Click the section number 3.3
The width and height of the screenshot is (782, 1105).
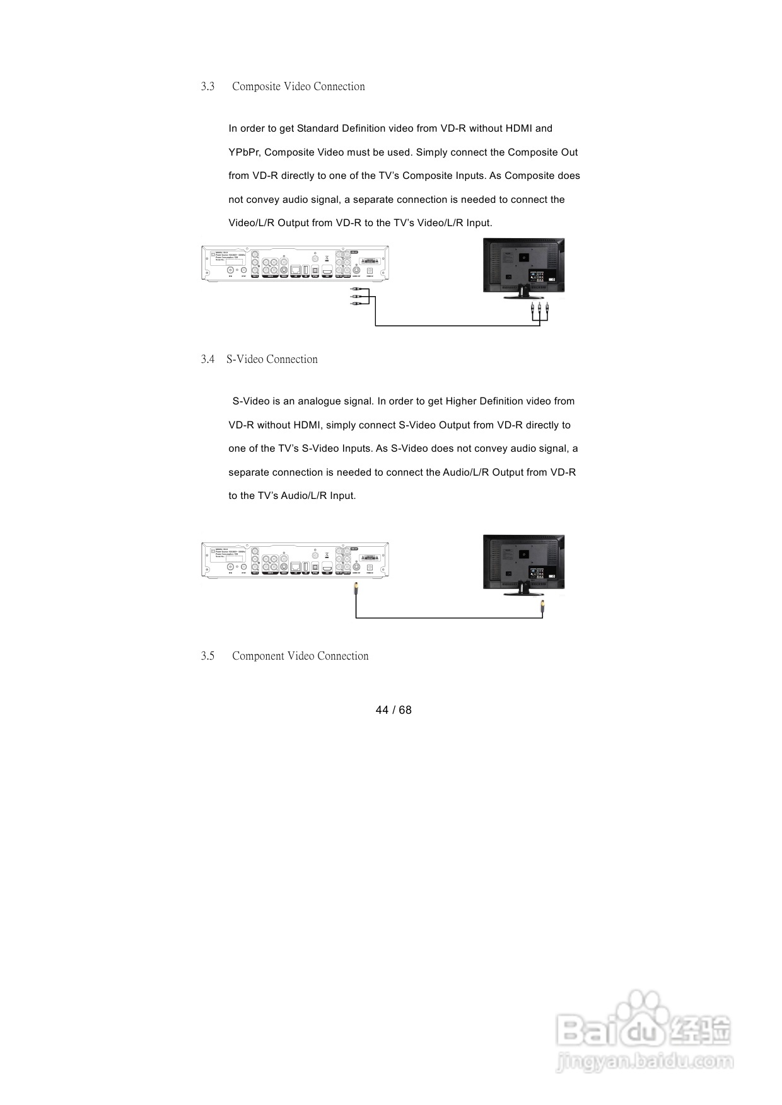point(207,87)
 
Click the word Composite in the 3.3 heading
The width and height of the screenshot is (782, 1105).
point(256,87)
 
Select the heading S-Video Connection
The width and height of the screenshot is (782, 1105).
point(272,360)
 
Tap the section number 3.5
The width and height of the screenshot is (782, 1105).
point(207,656)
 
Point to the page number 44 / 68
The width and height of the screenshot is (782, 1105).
point(393,710)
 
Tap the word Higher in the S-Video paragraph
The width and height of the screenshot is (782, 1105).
point(461,401)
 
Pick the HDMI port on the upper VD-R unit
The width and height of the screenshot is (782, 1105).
point(327,270)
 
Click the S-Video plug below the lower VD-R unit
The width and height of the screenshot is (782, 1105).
point(356,590)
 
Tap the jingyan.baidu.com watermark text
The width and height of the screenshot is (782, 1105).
point(645,1063)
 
